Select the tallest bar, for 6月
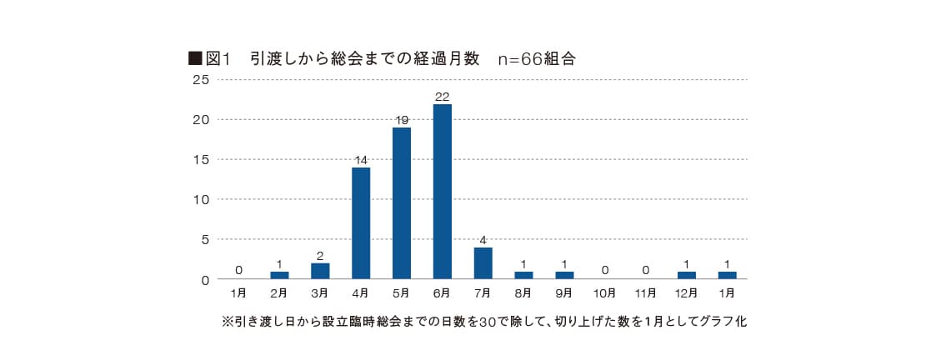point(442,191)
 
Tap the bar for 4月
point(361,222)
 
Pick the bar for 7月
point(483,262)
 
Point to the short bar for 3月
point(320,271)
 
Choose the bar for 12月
point(687,275)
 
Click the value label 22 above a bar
point(442,97)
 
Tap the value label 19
point(401,120)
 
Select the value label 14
point(361,160)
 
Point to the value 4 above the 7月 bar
point(483,240)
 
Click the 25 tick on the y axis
point(200,80)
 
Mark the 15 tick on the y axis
point(200,159)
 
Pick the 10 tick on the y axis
point(200,199)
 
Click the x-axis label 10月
point(605,294)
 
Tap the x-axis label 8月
point(524,294)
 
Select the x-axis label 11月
point(646,294)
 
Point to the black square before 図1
point(195,58)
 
